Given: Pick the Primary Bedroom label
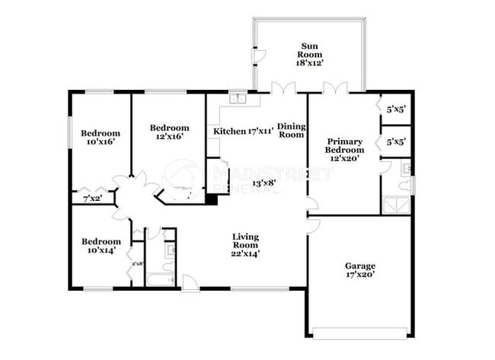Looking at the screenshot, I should point(344,145).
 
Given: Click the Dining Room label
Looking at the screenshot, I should point(291,130).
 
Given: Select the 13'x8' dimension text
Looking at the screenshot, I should point(263,183).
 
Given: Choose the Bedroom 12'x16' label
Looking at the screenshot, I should point(168,132).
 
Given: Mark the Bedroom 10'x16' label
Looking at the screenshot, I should point(101,137).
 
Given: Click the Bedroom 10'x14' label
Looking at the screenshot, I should point(101,245).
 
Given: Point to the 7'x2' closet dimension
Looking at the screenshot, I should point(91,199).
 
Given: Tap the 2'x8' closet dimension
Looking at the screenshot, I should point(138,264).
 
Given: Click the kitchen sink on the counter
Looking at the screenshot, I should point(238,98).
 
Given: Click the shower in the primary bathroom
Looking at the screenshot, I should point(395,204).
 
